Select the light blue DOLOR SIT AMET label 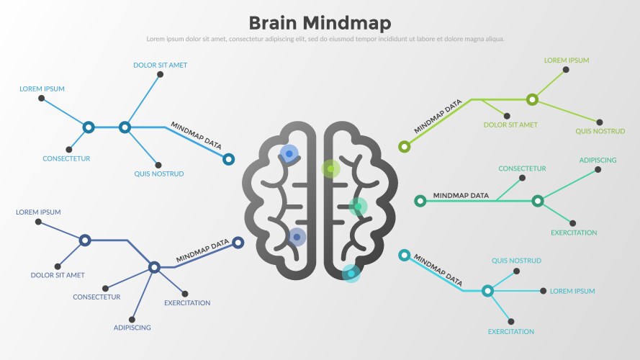point(160,65)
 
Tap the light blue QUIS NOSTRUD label point(159,174)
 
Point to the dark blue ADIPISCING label point(132,328)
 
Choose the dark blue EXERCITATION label point(187,303)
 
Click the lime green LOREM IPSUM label point(566,60)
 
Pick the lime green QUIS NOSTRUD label point(600,131)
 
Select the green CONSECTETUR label point(522,168)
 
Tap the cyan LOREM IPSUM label point(572,291)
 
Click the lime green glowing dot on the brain point(330,169)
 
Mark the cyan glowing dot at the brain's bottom point(351,273)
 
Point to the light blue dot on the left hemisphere point(289,153)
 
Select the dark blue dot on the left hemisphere point(297,236)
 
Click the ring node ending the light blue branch point(228,159)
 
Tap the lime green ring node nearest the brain point(405,147)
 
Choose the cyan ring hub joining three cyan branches point(487,291)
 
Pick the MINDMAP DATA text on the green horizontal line point(461,195)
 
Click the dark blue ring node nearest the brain point(238,243)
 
